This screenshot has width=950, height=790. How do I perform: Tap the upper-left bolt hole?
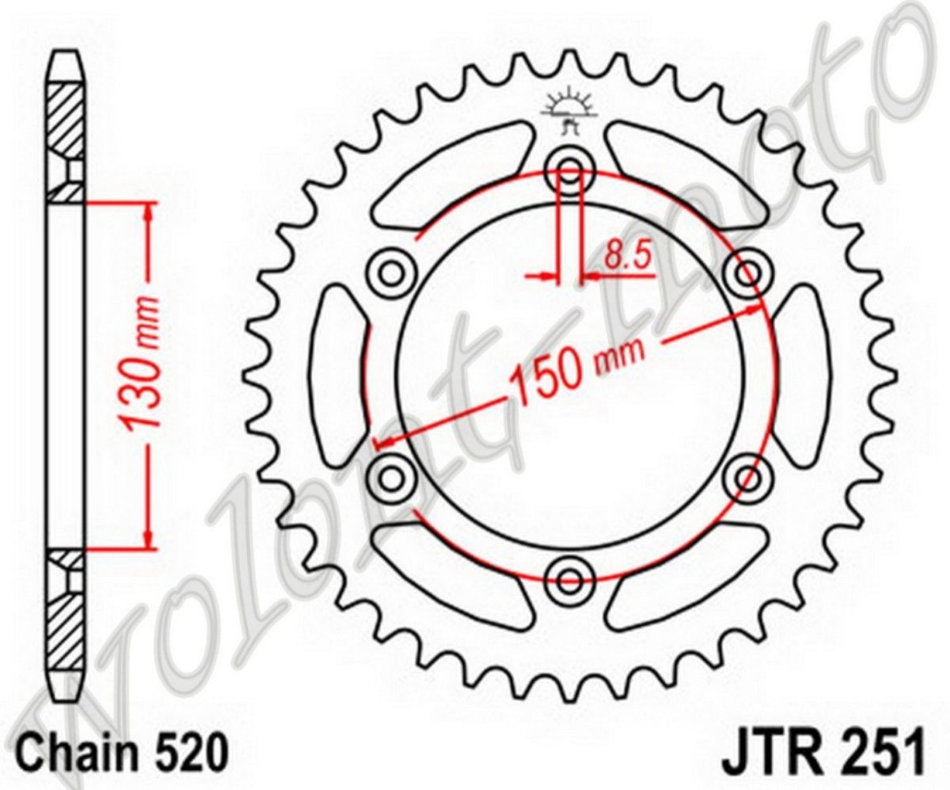click(x=390, y=273)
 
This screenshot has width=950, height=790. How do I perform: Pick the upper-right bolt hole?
click(x=747, y=273)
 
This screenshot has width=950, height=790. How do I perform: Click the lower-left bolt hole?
click(x=390, y=477)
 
